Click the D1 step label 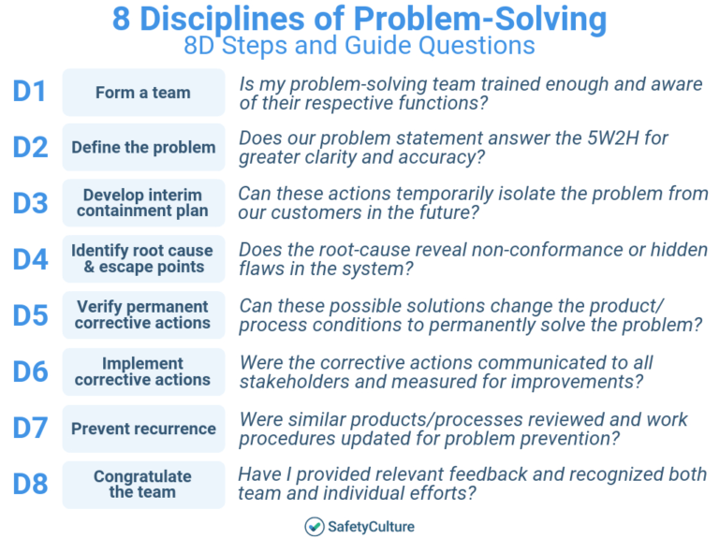pos(30,92)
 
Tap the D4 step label pos(30,258)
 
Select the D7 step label pos(30,428)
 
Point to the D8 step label pos(30,484)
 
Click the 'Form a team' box pos(143,93)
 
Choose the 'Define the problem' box pos(143,148)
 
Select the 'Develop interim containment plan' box pos(143,203)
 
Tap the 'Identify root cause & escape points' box pos(143,259)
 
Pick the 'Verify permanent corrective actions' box pos(143,315)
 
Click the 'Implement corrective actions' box pos(143,371)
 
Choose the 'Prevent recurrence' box pos(143,429)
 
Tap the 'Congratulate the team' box pos(143,485)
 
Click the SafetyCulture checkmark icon pos(315,527)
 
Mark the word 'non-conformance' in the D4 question pos(477,250)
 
